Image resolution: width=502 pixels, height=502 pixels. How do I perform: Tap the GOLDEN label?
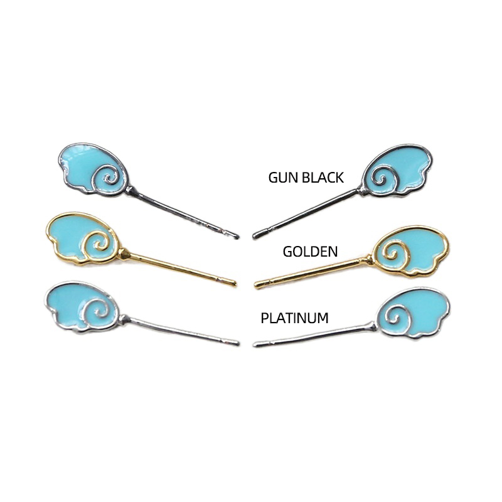coord(310,252)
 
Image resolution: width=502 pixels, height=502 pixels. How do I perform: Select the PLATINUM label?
coord(294,318)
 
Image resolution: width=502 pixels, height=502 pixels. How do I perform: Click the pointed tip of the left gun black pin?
coord(237,235)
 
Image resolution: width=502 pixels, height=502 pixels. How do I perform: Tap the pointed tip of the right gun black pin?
coord(255,236)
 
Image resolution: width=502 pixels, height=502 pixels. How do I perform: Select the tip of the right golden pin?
coord(257,287)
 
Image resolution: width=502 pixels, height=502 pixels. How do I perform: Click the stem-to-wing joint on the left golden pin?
coord(125,254)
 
